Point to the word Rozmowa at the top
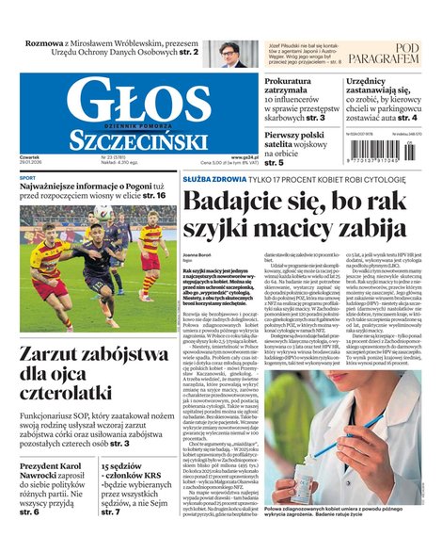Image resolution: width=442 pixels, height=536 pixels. pyautogui.click(x=44, y=43)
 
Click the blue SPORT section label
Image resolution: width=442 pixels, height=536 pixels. pyautogui.click(x=28, y=177)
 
